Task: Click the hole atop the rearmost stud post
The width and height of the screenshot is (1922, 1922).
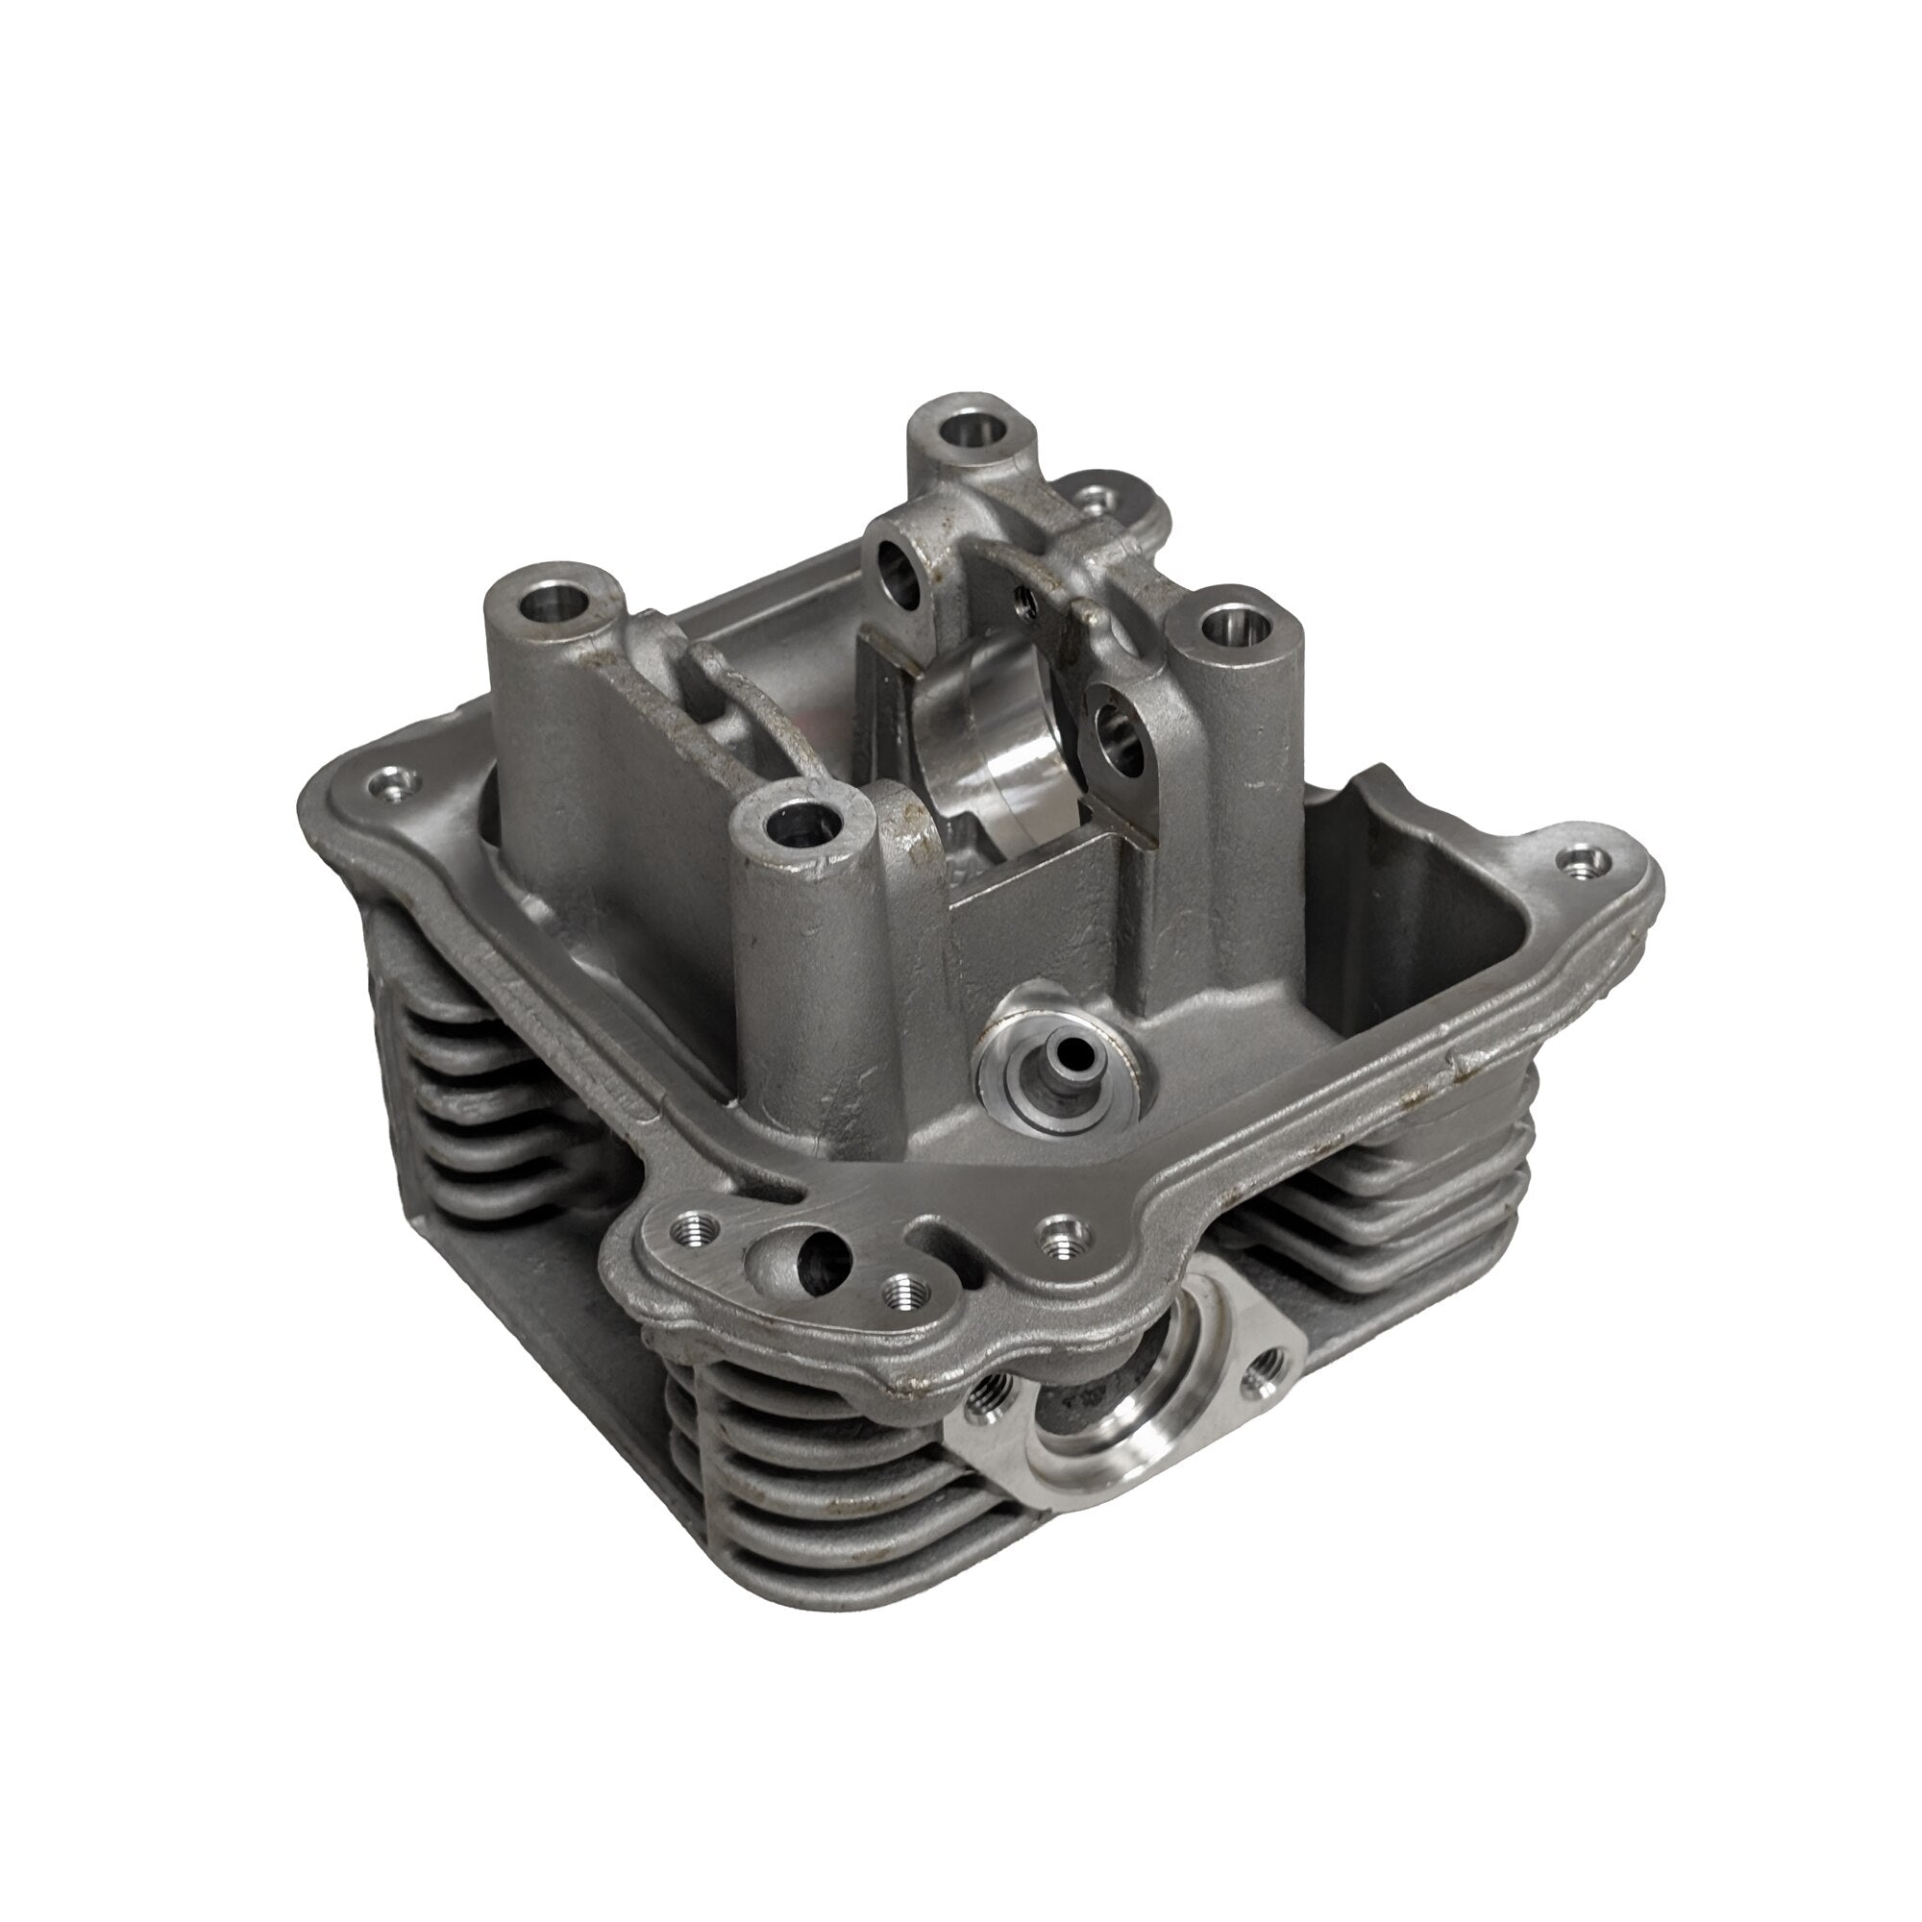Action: pos(967,431)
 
